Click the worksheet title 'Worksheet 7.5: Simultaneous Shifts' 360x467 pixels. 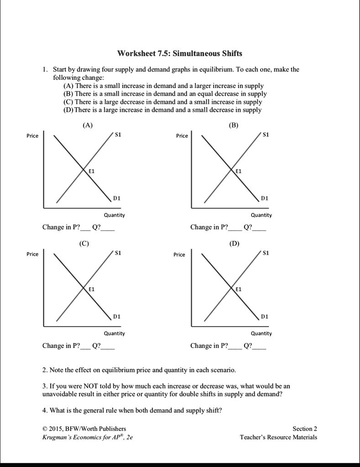[180, 53]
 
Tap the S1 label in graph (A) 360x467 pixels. [118, 135]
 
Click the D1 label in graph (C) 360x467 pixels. [117, 316]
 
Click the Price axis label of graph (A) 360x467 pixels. [32, 136]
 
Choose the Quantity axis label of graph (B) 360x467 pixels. [261, 215]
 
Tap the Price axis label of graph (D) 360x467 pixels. [179, 254]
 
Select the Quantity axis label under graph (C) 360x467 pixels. [114, 333]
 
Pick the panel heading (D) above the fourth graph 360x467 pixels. [234, 244]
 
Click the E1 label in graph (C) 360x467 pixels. [91, 289]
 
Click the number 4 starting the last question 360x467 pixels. [44, 410]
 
